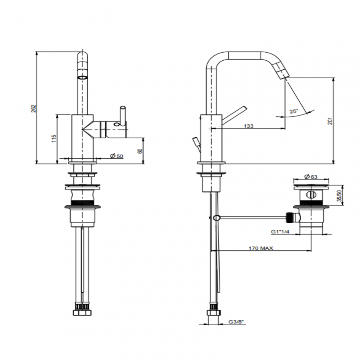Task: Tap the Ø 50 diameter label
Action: pyautogui.click(x=117, y=156)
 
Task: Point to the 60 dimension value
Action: pyautogui.click(x=140, y=151)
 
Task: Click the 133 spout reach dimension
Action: pyautogui.click(x=248, y=126)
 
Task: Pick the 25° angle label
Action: pyautogui.click(x=294, y=112)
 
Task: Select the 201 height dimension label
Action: pyautogui.click(x=330, y=121)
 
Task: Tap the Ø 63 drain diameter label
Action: pyautogui.click(x=311, y=177)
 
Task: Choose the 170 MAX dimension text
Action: pyautogui.click(x=261, y=248)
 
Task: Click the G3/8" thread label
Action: pyautogui.click(x=236, y=322)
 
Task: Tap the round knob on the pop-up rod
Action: pyautogui.click(x=217, y=218)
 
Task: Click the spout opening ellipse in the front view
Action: pyautogui.click(x=82, y=78)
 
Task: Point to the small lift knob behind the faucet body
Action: pyautogui.click(x=196, y=142)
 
